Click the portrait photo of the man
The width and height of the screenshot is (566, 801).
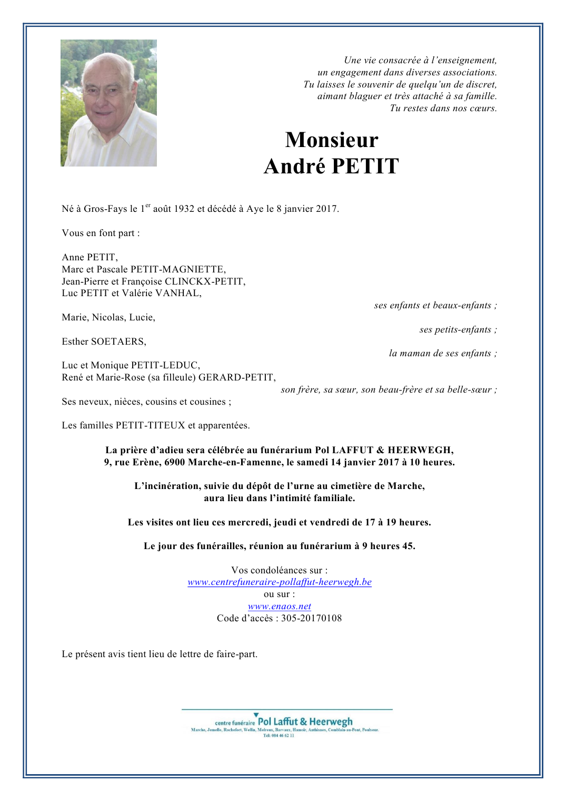click(108, 103)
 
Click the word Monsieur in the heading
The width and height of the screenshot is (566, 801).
click(332, 140)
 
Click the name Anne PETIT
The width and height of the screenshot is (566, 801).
click(90, 257)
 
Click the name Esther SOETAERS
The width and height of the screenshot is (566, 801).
click(104, 341)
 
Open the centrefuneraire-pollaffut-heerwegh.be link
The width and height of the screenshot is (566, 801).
click(280, 582)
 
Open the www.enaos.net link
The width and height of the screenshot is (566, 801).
click(280, 606)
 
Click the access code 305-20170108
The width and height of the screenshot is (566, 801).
click(311, 618)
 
